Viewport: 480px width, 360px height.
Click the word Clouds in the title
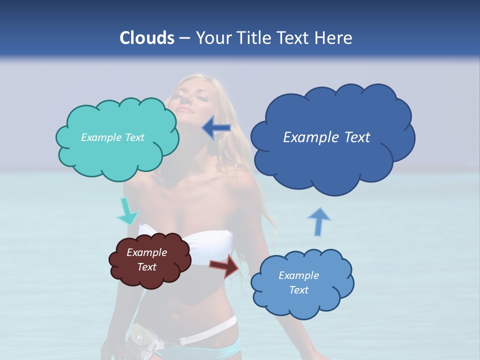pos(147,38)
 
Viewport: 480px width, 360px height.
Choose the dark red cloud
pos(150,277)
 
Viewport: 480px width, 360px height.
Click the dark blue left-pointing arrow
pos(216,128)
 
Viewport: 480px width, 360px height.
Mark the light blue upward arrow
pos(318,221)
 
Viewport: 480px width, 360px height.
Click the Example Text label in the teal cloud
pos(112,137)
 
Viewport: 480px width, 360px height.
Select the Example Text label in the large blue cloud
pos(326,137)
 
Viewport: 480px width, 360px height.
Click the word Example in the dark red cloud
pos(146,252)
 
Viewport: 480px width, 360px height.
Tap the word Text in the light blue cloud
pos(298,290)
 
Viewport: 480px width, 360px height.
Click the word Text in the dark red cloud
pos(146,267)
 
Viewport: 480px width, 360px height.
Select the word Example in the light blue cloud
pos(298,275)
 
